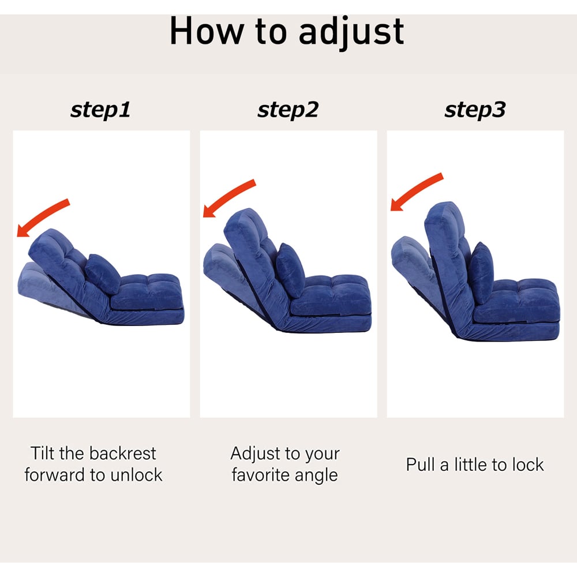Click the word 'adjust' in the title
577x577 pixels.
351,32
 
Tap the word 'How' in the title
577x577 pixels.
207,31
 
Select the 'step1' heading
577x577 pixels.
100,110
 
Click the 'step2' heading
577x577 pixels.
288,110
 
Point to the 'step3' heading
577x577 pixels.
475,110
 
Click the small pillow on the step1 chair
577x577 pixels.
103,273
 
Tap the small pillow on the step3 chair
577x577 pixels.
481,273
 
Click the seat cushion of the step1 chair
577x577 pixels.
147,292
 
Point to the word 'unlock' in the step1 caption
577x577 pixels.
136,475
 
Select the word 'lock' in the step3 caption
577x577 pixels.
528,464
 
